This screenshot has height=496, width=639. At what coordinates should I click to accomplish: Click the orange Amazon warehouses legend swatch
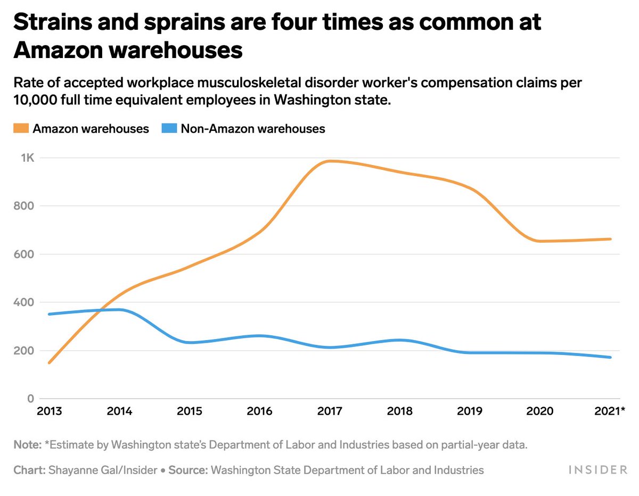21,129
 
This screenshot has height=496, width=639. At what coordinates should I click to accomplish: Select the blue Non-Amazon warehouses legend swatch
169,129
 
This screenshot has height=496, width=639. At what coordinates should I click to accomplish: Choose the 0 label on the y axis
31,399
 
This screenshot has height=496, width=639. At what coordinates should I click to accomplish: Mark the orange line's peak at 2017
331,161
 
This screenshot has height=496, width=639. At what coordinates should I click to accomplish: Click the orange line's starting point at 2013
49,363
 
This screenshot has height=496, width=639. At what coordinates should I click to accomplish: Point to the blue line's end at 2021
610,357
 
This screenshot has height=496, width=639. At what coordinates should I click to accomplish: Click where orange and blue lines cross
104,310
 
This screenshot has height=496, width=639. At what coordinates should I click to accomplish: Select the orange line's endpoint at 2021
610,239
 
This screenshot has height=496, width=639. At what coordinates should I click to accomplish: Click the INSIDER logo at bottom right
598,469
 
